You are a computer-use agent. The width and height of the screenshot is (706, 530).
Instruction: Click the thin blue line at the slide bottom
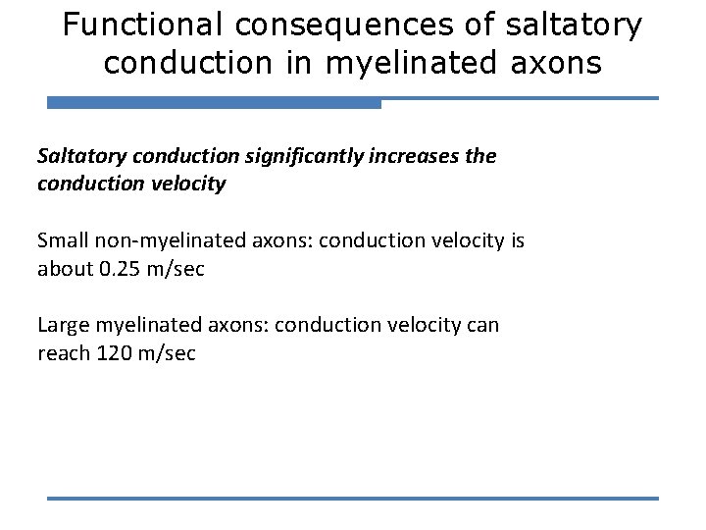click(x=353, y=499)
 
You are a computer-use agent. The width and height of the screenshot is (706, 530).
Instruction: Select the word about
click(x=65, y=269)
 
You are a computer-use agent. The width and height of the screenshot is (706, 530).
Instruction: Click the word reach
click(x=62, y=353)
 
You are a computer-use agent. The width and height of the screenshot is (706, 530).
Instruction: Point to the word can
click(x=481, y=325)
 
